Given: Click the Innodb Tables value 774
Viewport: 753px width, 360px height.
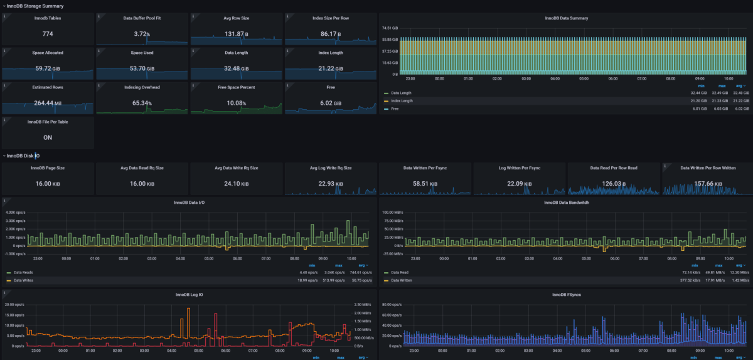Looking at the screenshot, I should point(48,33).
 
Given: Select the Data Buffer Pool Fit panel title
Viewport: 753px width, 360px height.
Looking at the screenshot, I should point(142,18).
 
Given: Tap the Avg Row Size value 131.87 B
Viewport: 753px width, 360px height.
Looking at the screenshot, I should point(237,33).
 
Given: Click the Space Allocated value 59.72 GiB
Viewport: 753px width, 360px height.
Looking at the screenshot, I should point(48,68).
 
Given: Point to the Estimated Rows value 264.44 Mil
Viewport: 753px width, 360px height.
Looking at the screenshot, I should point(48,102).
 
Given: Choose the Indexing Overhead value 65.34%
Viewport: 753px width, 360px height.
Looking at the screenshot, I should point(142,102).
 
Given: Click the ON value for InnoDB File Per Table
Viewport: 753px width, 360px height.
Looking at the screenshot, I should point(48,137).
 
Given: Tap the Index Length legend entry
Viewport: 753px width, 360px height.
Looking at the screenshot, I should point(402,101).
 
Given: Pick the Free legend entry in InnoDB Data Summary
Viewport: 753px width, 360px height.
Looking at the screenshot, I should point(395,109).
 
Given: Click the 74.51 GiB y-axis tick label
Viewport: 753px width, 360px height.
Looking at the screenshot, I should point(390,28).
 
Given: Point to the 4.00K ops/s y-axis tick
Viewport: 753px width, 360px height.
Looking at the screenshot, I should point(14,213).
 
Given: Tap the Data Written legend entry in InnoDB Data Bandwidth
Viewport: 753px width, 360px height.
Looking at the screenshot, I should point(402,280).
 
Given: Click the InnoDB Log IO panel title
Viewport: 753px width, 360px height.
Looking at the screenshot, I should point(188,294).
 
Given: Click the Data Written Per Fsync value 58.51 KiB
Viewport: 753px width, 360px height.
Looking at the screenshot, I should point(425,184).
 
